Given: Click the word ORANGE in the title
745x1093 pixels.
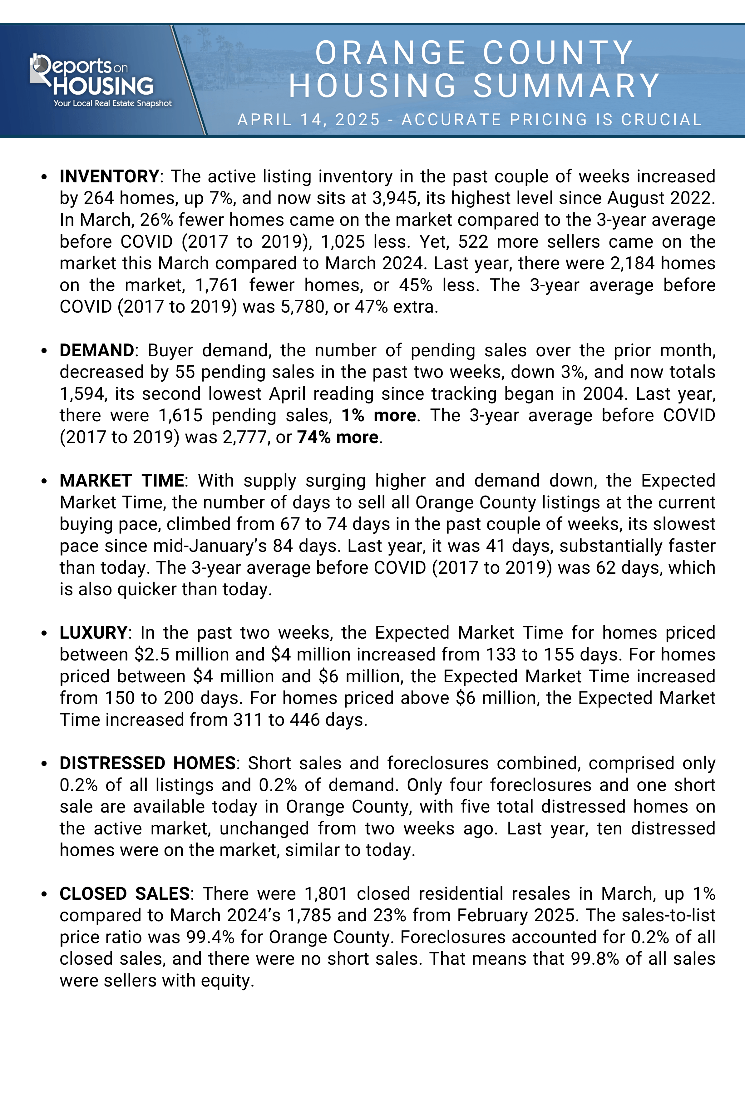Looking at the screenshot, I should pos(390,53).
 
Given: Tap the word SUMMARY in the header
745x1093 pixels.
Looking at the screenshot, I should pos(567,86).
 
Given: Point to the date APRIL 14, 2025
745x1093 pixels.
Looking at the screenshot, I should pos(308,120).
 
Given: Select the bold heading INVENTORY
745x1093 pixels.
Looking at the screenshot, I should pos(109,176).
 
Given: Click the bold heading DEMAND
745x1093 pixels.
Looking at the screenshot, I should pos(97,350).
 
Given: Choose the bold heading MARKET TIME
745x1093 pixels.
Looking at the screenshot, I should pos(122,481).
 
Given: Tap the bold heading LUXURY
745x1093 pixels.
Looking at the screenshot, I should pos(93,633).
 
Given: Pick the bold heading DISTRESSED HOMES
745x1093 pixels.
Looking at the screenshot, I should pos(147,763).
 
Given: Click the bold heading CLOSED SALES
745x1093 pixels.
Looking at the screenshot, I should pos(124,893).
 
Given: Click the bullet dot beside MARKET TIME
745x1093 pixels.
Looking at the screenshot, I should pos(44,481).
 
